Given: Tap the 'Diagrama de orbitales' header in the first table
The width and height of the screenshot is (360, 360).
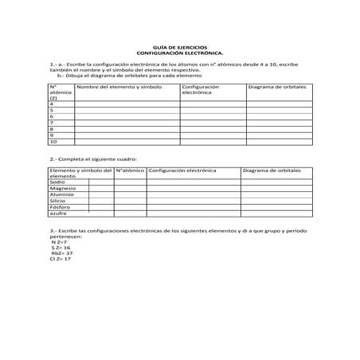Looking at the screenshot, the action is coord(276,85).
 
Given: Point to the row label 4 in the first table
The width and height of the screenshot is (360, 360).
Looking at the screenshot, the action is coord(52,104).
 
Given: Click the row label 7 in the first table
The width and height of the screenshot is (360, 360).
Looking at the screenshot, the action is coord(52,123).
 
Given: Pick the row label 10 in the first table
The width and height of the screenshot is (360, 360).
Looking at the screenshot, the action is coord(53,142).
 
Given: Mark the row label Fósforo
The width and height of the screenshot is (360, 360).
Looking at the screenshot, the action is coord(59,208).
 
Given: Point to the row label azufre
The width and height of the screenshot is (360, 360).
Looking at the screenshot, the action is coord(57,214).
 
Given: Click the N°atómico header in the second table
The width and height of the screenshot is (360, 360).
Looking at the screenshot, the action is coord(130,170).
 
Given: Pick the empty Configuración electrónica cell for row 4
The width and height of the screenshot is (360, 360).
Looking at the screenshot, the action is coord(212,104).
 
